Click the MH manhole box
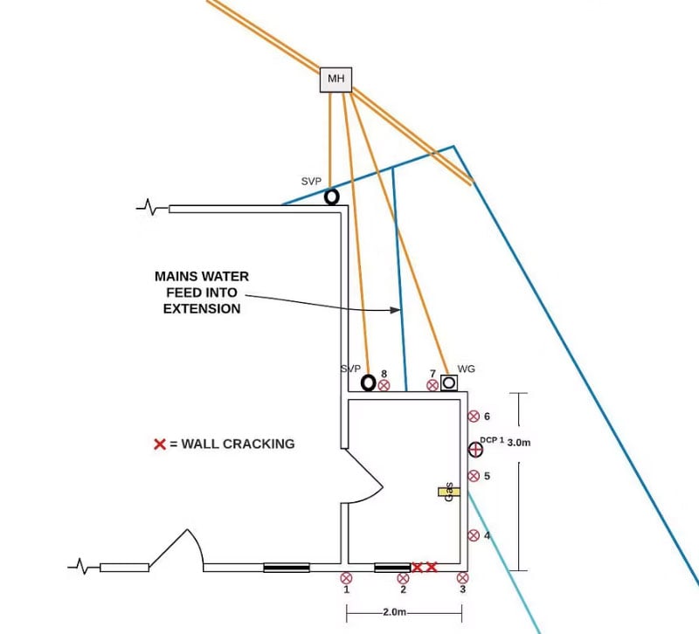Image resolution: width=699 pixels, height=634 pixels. [336, 80]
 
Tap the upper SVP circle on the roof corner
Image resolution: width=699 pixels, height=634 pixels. [332, 197]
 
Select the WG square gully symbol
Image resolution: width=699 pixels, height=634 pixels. [449, 382]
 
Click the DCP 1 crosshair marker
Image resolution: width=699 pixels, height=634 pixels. [475, 450]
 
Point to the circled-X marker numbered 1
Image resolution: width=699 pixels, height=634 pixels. [347, 577]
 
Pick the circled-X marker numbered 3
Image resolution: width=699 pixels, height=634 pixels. [462, 577]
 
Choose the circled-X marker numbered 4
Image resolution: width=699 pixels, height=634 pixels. [474, 535]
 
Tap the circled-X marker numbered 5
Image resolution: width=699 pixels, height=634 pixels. [474, 476]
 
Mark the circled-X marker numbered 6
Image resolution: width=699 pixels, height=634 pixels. [474, 417]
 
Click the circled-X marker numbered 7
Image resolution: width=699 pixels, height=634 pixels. [433, 385]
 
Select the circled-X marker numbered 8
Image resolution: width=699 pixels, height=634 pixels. [384, 385]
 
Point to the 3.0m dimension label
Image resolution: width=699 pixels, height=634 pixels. [519, 443]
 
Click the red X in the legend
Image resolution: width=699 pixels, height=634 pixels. [160, 444]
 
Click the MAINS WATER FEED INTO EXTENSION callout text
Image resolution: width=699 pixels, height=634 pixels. [202, 292]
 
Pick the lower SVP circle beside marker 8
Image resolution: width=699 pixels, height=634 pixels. [369, 382]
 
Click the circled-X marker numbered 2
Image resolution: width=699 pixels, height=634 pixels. [403, 577]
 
